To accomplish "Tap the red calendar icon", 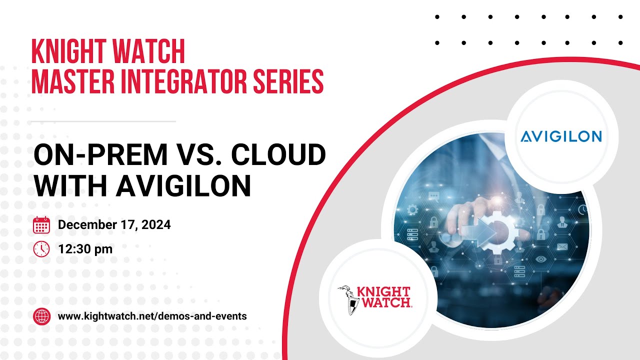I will pyautogui.click(x=41, y=225).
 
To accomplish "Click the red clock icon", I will pyautogui.click(x=41, y=248).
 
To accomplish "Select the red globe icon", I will pyautogui.click(x=41, y=316).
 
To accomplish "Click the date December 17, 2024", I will pyautogui.click(x=114, y=225).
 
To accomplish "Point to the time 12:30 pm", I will pyautogui.click(x=85, y=248).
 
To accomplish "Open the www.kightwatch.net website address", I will pyautogui.click(x=152, y=316).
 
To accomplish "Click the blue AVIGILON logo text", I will pyautogui.click(x=561, y=136).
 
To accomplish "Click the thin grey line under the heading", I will pyautogui.click(x=103, y=121).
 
